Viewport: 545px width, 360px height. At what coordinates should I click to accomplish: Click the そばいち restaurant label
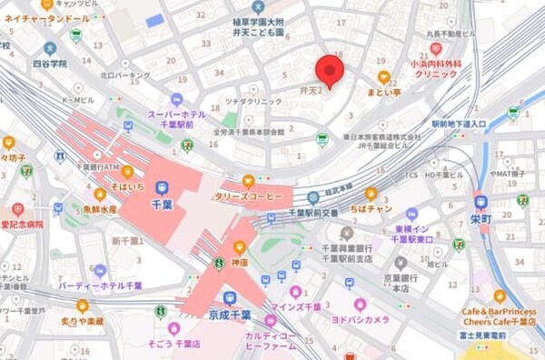(127, 185)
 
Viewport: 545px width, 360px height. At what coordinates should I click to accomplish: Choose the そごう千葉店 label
(173, 343)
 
